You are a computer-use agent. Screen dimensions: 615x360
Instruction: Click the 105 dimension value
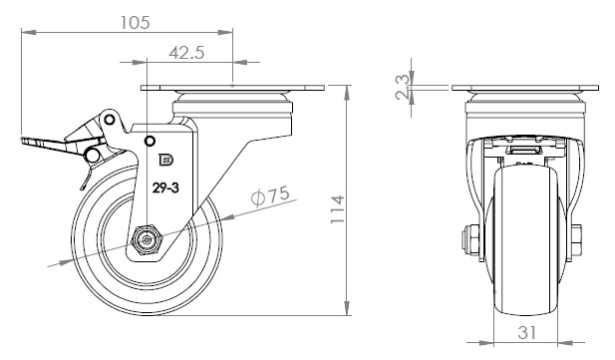(135, 22)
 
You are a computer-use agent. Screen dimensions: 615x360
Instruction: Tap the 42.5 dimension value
(186, 52)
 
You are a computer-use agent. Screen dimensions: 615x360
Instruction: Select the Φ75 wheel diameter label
(270, 195)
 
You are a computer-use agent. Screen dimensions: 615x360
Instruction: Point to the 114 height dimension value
(337, 209)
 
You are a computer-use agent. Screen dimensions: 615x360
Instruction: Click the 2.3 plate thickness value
(402, 87)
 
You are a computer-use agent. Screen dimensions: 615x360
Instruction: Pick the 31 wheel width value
(526, 333)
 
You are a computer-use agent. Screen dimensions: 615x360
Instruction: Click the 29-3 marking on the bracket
(165, 188)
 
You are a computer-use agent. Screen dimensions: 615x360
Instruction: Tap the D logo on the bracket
(166, 160)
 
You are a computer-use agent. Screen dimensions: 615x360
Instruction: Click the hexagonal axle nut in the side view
(148, 239)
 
